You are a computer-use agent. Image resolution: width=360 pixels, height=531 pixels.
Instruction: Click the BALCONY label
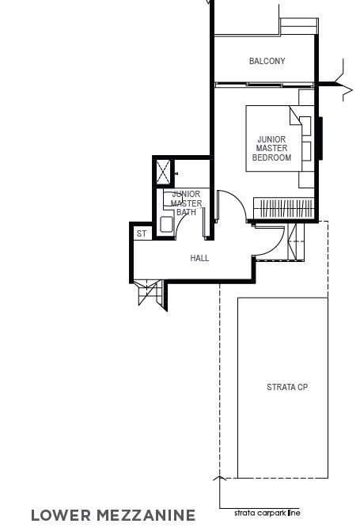(267, 61)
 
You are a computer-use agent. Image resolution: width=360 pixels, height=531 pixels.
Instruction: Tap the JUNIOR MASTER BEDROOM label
(271, 148)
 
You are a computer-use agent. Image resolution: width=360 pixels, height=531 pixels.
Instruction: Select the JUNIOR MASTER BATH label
(186, 203)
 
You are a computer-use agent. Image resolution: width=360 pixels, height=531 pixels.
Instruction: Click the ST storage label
(142, 233)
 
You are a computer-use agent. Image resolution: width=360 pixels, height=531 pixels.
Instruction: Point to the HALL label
(199, 258)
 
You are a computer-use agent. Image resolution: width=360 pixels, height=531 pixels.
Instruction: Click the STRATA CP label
(287, 387)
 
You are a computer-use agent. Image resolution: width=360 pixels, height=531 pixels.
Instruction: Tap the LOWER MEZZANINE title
(113, 515)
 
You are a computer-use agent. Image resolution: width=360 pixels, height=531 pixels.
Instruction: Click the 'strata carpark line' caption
(267, 513)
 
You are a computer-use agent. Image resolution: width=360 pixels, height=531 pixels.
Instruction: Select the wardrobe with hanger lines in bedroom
(284, 208)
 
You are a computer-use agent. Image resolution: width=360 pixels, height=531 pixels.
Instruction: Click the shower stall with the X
(163, 173)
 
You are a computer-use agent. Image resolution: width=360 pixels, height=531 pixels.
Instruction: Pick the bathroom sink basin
(166, 224)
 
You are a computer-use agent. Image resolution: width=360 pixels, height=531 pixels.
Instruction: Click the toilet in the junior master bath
(172, 199)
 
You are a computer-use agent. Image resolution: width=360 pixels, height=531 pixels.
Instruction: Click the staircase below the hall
(149, 291)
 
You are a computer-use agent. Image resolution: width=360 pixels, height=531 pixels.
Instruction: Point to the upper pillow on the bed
(305, 125)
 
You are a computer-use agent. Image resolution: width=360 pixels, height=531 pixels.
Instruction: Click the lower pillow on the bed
(306, 151)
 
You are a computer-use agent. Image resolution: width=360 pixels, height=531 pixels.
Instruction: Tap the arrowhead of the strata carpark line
(219, 478)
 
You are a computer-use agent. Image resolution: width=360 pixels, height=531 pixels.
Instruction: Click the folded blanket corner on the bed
(295, 116)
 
